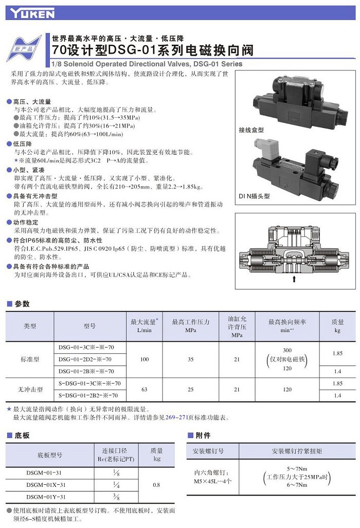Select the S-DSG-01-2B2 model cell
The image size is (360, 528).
click(x=88, y=395)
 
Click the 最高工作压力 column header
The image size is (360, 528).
click(x=191, y=326)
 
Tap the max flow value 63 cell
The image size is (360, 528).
click(x=144, y=389)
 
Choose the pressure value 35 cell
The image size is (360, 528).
click(x=191, y=359)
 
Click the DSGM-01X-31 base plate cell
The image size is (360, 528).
click(x=46, y=485)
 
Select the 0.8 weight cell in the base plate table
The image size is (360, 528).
click(x=157, y=485)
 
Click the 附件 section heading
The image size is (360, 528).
click(x=203, y=435)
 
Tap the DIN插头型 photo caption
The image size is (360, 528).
click(x=254, y=196)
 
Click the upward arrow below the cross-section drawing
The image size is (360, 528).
click(x=294, y=279)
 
